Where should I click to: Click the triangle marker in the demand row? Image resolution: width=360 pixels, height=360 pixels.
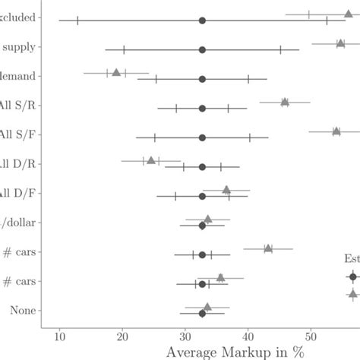116,72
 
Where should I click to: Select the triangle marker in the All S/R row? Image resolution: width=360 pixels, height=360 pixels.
285,102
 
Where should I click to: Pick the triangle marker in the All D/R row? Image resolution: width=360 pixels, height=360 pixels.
151,160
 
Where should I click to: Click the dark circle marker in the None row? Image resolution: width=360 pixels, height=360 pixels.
202,313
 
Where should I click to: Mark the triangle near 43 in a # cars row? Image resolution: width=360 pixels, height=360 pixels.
268,248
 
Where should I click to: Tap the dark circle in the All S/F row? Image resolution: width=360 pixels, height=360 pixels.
202,137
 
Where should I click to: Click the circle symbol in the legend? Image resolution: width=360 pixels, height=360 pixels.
353,277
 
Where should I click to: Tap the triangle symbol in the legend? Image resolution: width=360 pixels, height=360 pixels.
353,293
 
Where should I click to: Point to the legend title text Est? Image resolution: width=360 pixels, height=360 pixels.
352,259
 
